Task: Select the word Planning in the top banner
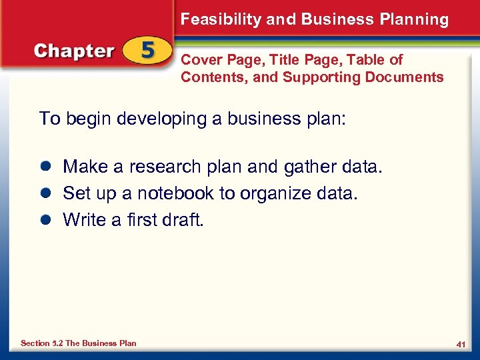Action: pyautogui.click(x=415, y=19)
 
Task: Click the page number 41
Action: pyautogui.click(x=460, y=344)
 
